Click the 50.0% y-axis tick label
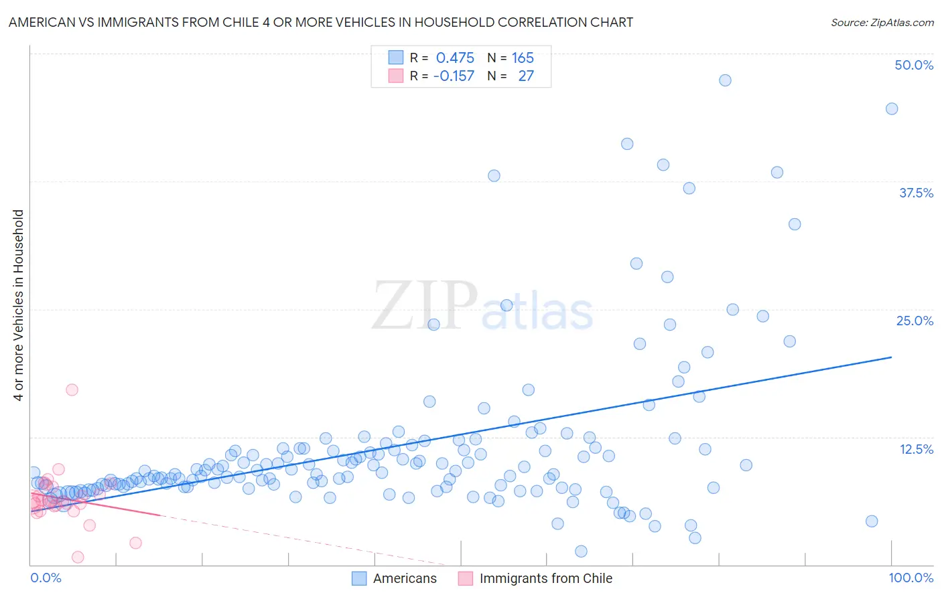(914, 65)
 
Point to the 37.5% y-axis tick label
(916, 193)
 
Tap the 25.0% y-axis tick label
(915, 321)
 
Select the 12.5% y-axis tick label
(916, 449)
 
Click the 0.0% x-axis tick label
(46, 578)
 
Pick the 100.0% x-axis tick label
(911, 578)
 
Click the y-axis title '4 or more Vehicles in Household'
(19, 305)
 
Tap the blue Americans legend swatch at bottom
(360, 578)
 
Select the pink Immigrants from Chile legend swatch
(466, 578)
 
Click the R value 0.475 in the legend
(455, 58)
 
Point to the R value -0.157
(454, 76)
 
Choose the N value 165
(523, 58)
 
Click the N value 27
(526, 76)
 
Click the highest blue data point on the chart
(725, 80)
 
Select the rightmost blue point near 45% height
(892, 109)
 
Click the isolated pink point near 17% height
(72, 390)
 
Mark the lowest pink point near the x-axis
(78, 557)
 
